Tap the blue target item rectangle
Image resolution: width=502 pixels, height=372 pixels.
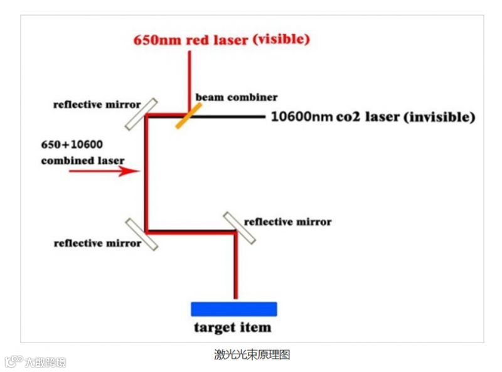[233, 309]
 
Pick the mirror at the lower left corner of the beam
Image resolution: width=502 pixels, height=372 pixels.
[141, 234]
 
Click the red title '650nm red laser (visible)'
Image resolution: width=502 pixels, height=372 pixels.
[222, 40]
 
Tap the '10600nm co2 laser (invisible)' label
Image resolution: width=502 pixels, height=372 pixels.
[373, 117]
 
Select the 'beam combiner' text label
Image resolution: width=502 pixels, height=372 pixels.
[236, 97]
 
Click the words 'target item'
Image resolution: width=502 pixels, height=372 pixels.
[233, 327]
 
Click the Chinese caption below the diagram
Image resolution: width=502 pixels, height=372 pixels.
[252, 355]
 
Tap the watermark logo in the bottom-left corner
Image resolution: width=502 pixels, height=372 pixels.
[35, 362]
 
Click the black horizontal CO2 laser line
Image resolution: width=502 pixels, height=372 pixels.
[232, 116]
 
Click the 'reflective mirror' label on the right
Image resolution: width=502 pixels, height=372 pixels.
[287, 221]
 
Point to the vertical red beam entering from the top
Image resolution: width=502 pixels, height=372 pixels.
[189, 75]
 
